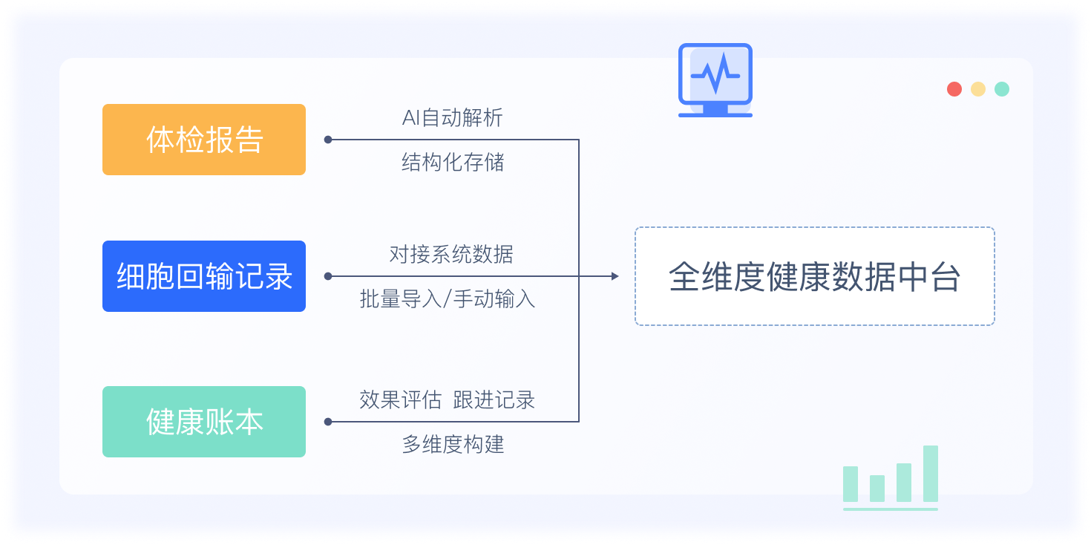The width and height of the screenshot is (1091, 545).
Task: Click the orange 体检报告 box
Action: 204,140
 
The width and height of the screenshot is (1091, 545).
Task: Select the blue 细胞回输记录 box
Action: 204,276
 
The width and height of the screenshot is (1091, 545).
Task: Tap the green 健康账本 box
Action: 204,422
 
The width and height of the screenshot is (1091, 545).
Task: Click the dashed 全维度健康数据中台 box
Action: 814,276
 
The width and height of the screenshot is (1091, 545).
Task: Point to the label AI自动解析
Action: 452,118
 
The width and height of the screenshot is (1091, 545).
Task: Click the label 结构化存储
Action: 452,163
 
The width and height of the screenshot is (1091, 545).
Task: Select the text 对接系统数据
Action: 451,255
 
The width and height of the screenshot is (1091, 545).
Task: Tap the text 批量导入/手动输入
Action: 447,299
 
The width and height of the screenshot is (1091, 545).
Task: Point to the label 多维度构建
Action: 453,445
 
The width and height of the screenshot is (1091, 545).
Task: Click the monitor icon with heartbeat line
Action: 715,79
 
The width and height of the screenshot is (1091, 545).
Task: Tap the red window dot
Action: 954,89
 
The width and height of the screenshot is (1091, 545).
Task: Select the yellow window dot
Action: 978,89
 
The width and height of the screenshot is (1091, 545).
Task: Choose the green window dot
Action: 1002,89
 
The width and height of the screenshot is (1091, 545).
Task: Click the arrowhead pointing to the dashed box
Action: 615,276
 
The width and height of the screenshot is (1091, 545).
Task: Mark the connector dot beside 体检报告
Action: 328,140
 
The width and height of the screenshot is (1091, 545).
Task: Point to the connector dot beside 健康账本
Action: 328,422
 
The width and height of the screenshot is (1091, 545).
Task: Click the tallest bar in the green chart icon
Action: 931,474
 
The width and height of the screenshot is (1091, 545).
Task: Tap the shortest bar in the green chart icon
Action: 877,489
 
